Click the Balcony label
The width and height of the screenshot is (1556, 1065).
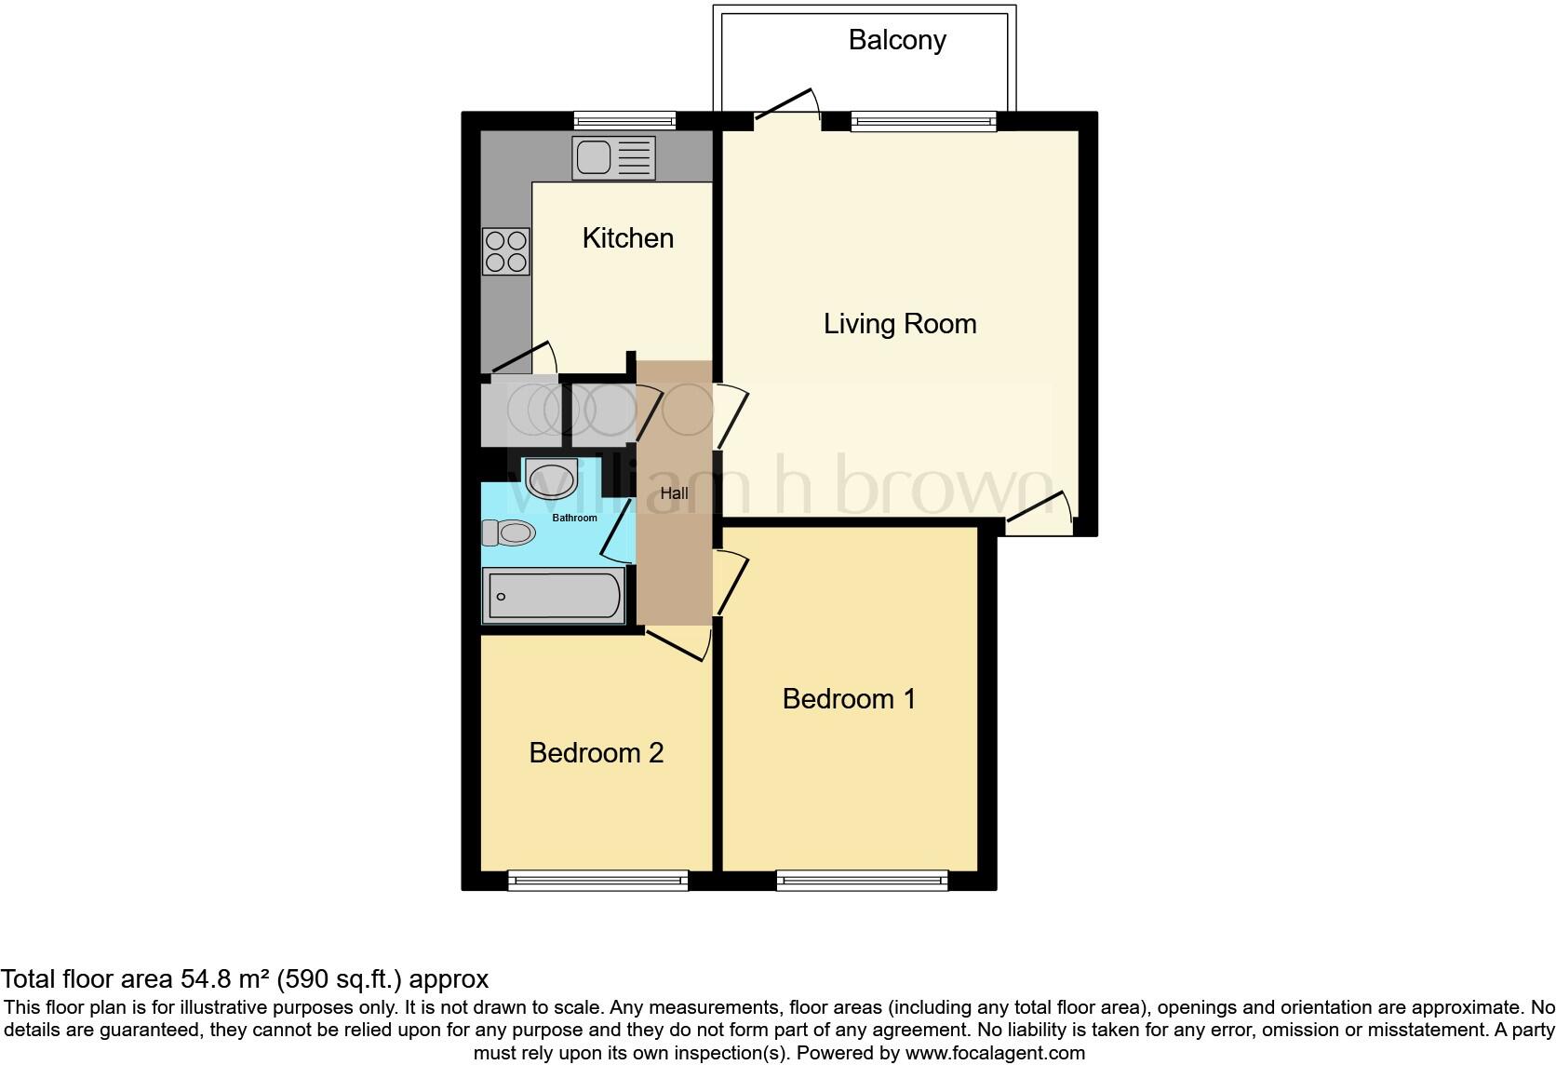coord(897,40)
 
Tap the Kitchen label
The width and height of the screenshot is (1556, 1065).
coord(627,238)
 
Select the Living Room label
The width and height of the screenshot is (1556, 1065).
coord(899,324)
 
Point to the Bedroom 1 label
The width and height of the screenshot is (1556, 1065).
coord(849,698)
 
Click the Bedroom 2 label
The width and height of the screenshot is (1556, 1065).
coord(596,752)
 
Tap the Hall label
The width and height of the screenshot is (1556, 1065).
coord(674,493)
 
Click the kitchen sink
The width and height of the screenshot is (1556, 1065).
coord(614,158)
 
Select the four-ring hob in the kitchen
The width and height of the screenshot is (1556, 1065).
coord(506,251)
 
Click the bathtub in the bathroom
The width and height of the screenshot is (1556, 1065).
coord(553,596)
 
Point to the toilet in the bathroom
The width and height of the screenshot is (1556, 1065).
coord(508,532)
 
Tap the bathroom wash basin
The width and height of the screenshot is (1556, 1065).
coord(551,479)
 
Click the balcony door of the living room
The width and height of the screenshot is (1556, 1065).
coord(786,105)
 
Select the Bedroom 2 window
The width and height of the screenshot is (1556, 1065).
coord(597,880)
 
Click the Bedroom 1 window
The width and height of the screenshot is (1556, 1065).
coord(862,880)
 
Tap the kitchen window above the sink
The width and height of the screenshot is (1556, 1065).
coord(624,120)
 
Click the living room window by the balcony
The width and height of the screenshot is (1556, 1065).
coord(922,121)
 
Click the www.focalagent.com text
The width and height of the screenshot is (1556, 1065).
coord(995,1054)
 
